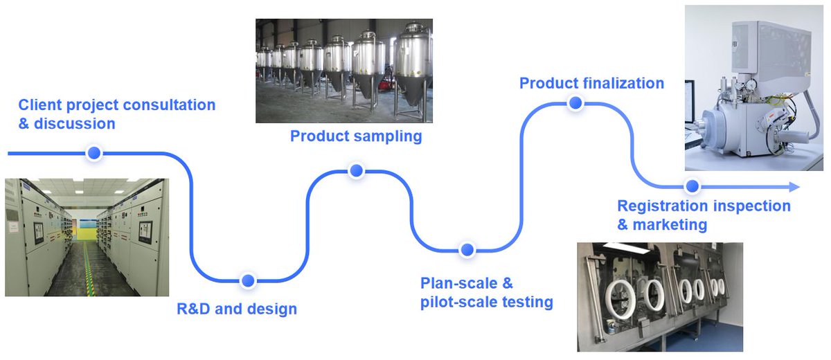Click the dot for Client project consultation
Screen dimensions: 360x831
(x=93, y=153)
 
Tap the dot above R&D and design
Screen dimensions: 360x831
(x=248, y=280)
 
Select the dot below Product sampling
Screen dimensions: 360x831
(x=356, y=171)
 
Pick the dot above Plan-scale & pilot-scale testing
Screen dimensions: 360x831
(x=467, y=249)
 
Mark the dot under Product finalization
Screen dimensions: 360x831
(x=575, y=104)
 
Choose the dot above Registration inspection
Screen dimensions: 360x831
(x=691, y=186)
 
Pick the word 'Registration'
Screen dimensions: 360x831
(x=662, y=206)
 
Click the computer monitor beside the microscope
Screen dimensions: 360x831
(x=690, y=104)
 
